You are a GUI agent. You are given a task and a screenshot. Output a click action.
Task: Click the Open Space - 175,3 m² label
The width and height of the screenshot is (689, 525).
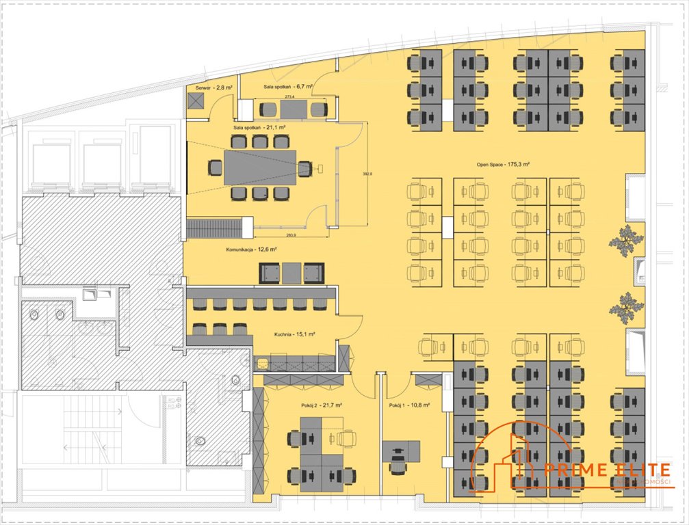tap(505, 165)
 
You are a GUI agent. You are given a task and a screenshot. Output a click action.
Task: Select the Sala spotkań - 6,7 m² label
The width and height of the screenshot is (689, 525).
tap(288, 87)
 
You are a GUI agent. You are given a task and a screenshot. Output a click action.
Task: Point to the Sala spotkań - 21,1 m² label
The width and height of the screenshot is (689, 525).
tap(259, 127)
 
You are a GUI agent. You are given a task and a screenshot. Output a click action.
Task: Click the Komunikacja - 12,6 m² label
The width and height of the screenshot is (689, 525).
tap(251, 250)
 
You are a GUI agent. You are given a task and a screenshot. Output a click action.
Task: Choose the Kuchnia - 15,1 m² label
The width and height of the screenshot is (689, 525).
tap(290, 334)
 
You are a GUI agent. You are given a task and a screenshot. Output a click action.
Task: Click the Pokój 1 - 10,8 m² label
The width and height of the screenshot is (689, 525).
tap(409, 405)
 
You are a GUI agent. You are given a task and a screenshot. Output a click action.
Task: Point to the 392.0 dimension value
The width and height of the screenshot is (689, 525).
tap(367, 174)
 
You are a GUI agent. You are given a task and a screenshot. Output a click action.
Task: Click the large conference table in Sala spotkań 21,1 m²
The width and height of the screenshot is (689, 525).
tap(259, 167)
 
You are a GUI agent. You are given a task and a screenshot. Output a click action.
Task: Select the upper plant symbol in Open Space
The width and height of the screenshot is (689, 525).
tap(627, 240)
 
